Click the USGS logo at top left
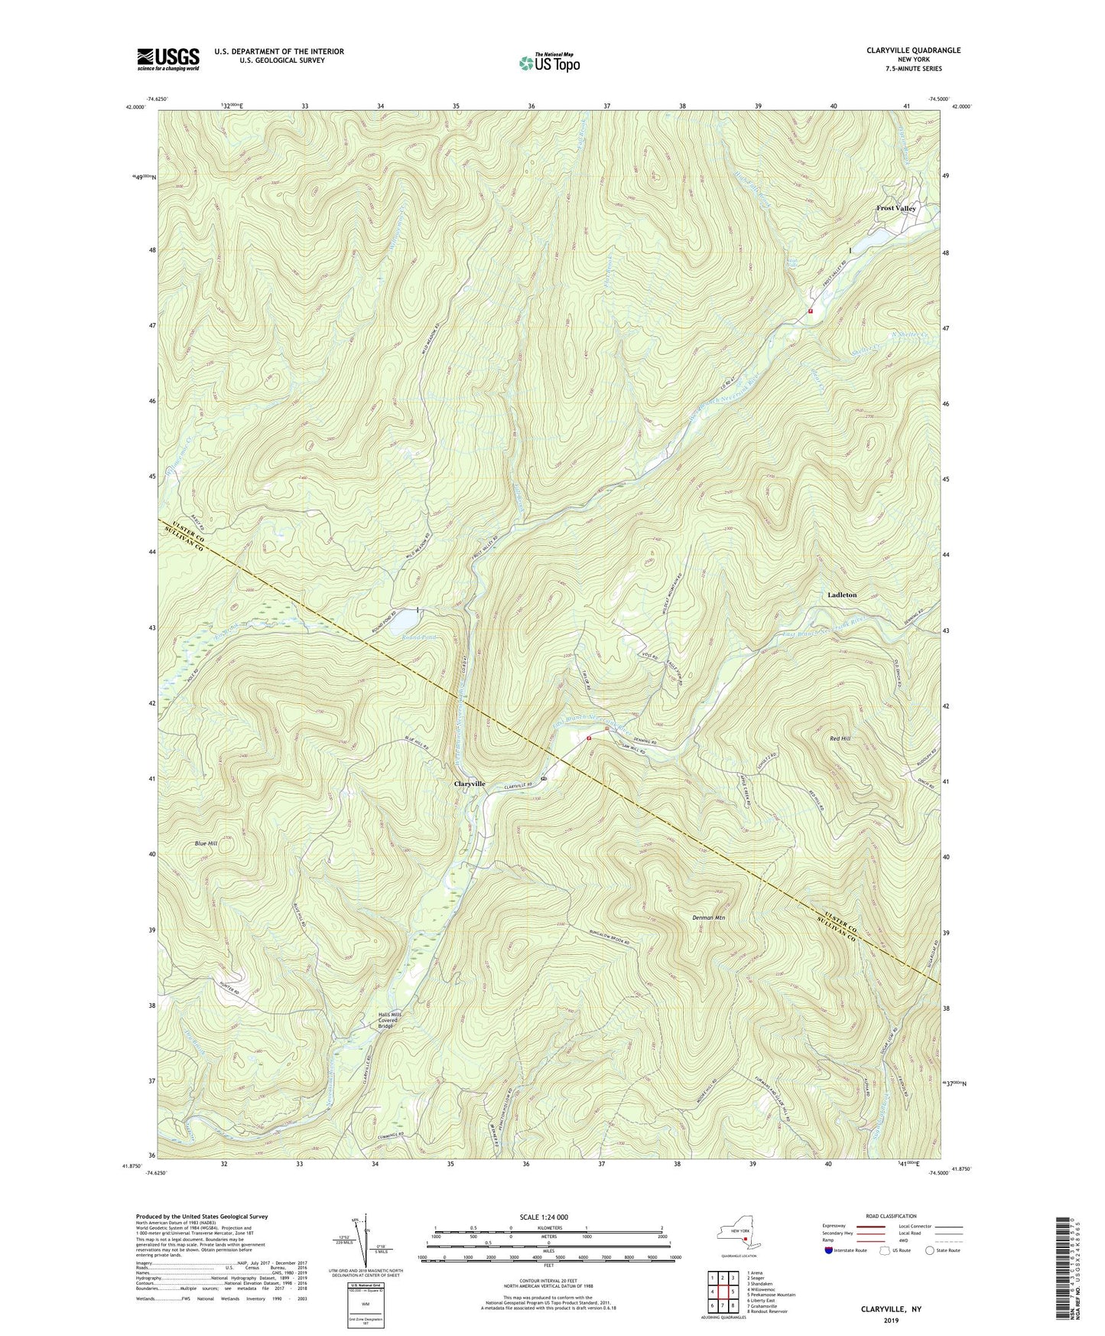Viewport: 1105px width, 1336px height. (x=168, y=58)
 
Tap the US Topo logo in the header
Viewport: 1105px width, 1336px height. (x=548, y=63)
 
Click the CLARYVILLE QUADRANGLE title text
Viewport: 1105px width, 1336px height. (x=913, y=51)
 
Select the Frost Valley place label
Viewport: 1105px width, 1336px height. (x=895, y=208)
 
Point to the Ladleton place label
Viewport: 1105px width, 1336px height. (x=842, y=595)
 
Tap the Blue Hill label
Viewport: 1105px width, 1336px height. (x=206, y=843)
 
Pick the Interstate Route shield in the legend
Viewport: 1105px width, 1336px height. (x=830, y=1250)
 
